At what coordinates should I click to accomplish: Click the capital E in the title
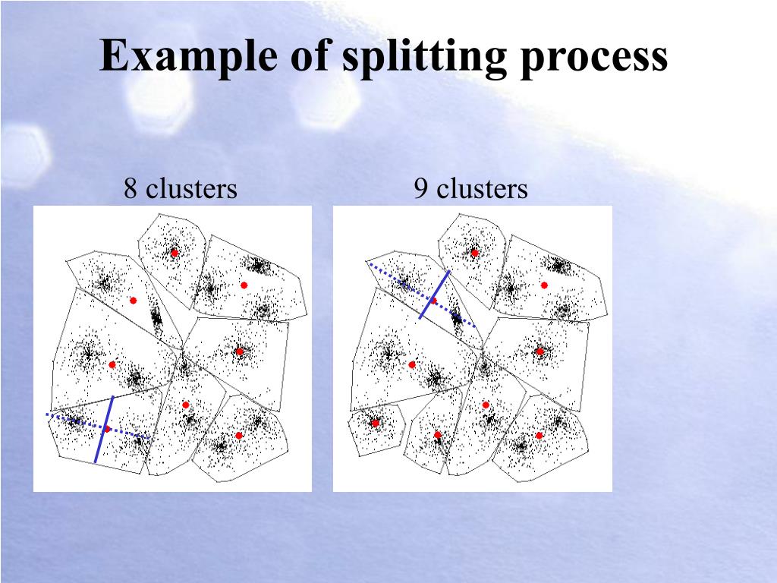pyautogui.click(x=112, y=56)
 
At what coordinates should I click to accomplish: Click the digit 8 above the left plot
pyautogui.click(x=131, y=188)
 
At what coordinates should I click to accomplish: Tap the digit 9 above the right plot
pyautogui.click(x=420, y=188)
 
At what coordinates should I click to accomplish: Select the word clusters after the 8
pyautogui.click(x=191, y=188)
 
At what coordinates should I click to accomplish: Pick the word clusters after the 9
pyautogui.click(x=482, y=188)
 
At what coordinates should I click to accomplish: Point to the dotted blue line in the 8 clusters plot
pyautogui.click(x=68, y=419)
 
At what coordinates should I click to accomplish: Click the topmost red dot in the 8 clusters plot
pyautogui.click(x=174, y=253)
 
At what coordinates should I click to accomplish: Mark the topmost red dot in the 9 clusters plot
pyautogui.click(x=474, y=253)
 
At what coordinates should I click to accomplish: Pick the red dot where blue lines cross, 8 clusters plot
pyautogui.click(x=107, y=429)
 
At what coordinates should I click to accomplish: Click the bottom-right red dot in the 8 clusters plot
pyautogui.click(x=239, y=435)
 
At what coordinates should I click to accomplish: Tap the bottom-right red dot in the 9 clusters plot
pyautogui.click(x=539, y=435)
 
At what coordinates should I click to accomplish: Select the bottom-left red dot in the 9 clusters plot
pyautogui.click(x=375, y=423)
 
